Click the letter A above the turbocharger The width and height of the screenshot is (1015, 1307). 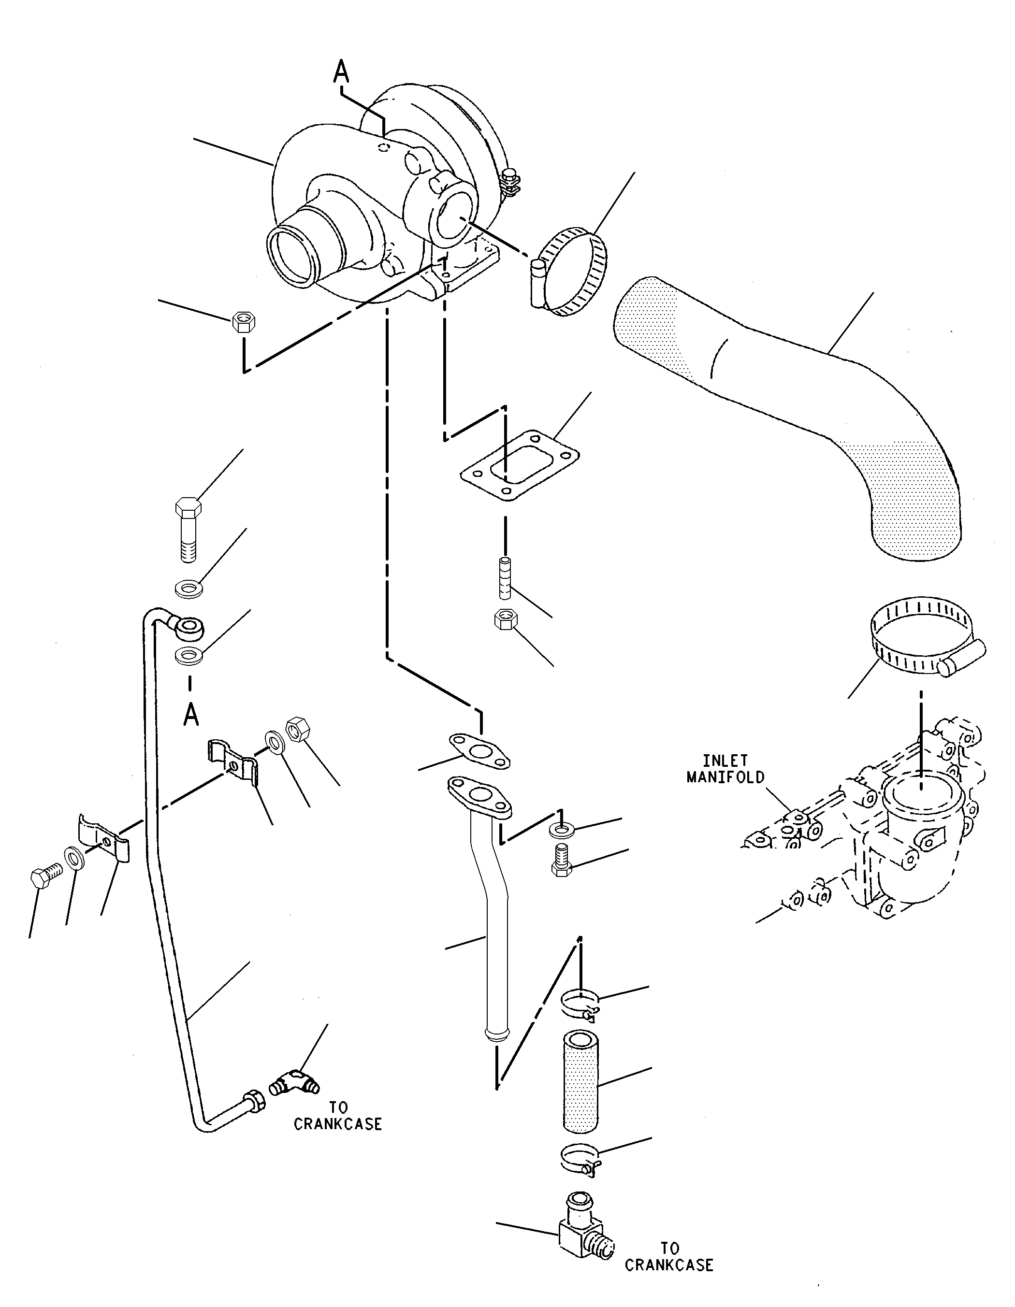tap(341, 72)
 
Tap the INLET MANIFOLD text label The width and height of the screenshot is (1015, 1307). tap(725, 769)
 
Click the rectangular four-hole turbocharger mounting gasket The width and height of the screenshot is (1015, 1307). tap(520, 464)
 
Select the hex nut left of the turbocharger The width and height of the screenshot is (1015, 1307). tap(244, 322)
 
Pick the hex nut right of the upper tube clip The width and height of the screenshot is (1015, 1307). tap(299, 730)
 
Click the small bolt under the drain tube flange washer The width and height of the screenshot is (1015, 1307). tap(560, 860)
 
